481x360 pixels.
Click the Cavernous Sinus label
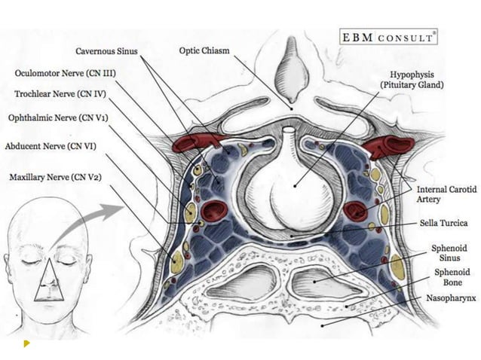click(x=108, y=51)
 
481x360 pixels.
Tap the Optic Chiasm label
click(x=204, y=51)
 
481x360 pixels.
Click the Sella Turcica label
click(x=444, y=224)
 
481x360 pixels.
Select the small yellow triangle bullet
click(x=26, y=343)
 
